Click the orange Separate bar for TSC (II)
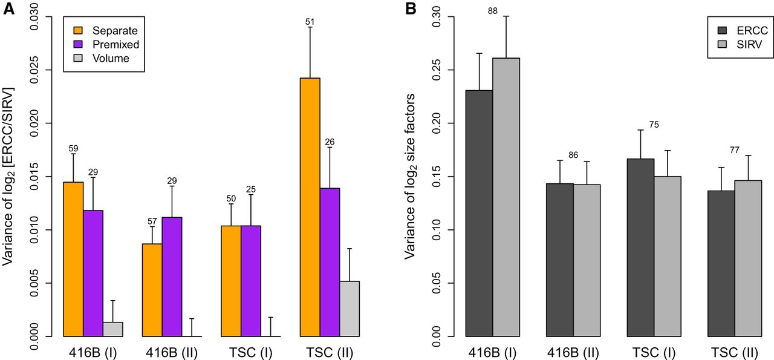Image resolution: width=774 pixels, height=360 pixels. (310, 207)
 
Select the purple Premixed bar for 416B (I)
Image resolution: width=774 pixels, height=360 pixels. (93, 273)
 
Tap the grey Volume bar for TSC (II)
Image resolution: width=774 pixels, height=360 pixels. (350, 309)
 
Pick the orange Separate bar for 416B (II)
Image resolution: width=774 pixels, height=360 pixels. (152, 290)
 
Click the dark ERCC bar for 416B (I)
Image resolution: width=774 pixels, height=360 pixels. (480, 214)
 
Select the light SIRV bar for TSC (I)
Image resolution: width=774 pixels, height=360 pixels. (668, 257)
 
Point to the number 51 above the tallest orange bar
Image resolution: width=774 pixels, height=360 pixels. (310, 22)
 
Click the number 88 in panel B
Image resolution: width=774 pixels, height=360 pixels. (493, 11)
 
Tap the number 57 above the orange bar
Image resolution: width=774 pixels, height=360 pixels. (152, 221)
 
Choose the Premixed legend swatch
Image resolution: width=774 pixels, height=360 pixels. (79, 44)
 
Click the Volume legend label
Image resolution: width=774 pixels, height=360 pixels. (111, 58)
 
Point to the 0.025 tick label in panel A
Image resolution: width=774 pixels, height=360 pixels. (34, 70)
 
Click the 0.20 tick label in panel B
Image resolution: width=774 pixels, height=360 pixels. (437, 123)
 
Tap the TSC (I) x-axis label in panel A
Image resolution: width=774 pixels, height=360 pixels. (251, 353)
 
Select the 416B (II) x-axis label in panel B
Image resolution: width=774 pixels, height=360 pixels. (573, 353)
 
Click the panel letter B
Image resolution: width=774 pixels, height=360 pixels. (411, 8)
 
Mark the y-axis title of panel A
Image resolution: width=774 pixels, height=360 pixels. (8, 177)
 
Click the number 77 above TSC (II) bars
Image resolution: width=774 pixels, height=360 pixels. (735, 149)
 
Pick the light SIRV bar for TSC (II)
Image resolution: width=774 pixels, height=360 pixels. (748, 258)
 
